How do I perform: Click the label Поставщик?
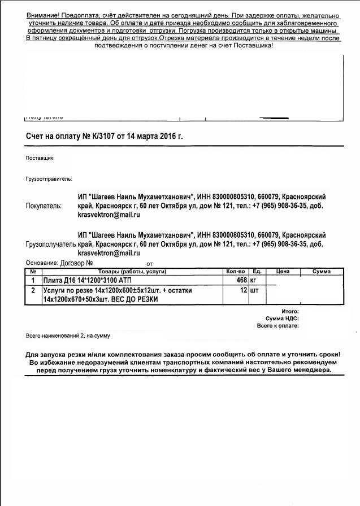tap(40, 158)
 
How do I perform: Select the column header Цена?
tap(283, 272)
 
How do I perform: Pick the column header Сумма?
tap(321, 272)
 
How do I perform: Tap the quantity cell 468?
tap(242, 280)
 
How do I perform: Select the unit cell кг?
tap(254, 280)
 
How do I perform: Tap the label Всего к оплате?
tap(277, 326)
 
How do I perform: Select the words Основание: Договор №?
tap(59, 263)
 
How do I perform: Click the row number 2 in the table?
tap(33, 290)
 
